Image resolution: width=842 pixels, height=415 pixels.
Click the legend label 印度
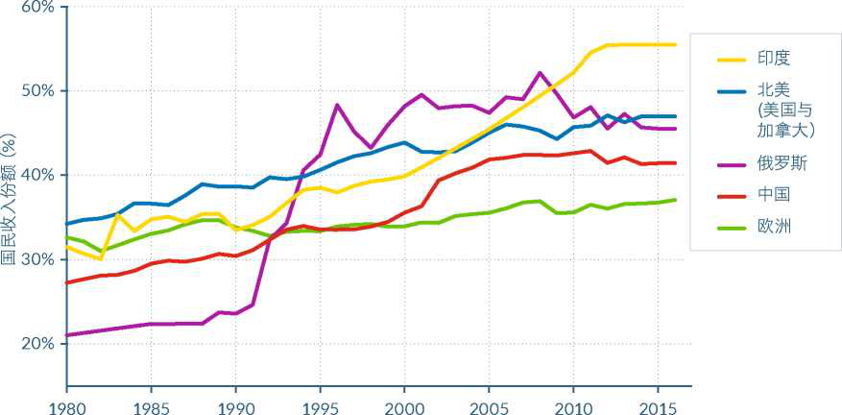pyautogui.click(x=772, y=59)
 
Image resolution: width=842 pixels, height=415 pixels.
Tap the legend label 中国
pyautogui.click(x=772, y=194)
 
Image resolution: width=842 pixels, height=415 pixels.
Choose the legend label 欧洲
pyautogui.click(x=772, y=226)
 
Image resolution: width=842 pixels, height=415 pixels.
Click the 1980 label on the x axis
pyautogui.click(x=66, y=405)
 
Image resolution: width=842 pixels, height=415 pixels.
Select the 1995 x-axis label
pyautogui.click(x=320, y=405)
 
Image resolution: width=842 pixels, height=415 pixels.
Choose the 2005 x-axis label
pyautogui.click(x=489, y=405)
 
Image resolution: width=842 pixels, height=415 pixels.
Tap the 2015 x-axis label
pyautogui.click(x=658, y=405)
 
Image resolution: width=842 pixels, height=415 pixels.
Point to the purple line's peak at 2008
pyautogui.click(x=540, y=73)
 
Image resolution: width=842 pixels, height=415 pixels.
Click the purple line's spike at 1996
pyautogui.click(x=337, y=105)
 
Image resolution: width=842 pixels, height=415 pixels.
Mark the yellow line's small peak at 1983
pyautogui.click(x=117, y=214)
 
